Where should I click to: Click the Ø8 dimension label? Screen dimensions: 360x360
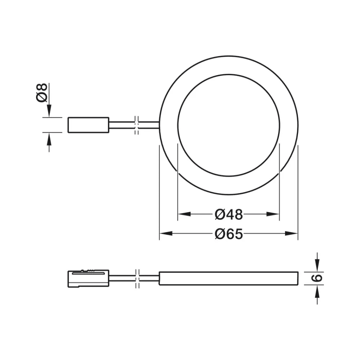pyautogui.click(x=42, y=93)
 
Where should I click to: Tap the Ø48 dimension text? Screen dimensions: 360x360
pyautogui.click(x=229, y=215)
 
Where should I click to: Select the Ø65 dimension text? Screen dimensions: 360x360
pyautogui.click(x=229, y=234)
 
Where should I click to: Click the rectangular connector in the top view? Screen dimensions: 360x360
pyautogui.click(x=88, y=125)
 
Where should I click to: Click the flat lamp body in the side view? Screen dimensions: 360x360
pyautogui.click(x=229, y=278)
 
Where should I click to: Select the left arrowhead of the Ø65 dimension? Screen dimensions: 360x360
pyautogui.click(x=165, y=234)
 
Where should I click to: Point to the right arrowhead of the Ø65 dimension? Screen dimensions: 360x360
pyautogui.click(x=292, y=234)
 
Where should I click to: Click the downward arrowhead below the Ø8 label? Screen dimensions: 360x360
pyautogui.click(x=49, y=111)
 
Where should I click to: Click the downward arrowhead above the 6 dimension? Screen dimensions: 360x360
pyautogui.click(x=317, y=266)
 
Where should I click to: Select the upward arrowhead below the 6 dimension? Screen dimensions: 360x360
pyautogui.click(x=317, y=291)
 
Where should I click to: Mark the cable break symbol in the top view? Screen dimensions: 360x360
pyautogui.click(x=137, y=125)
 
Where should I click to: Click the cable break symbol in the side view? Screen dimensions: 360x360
pyautogui.click(x=137, y=278)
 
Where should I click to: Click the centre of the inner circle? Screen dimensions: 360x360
pyautogui.click(x=229, y=125)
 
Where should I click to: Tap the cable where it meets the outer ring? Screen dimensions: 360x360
pyautogui.click(x=158, y=125)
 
